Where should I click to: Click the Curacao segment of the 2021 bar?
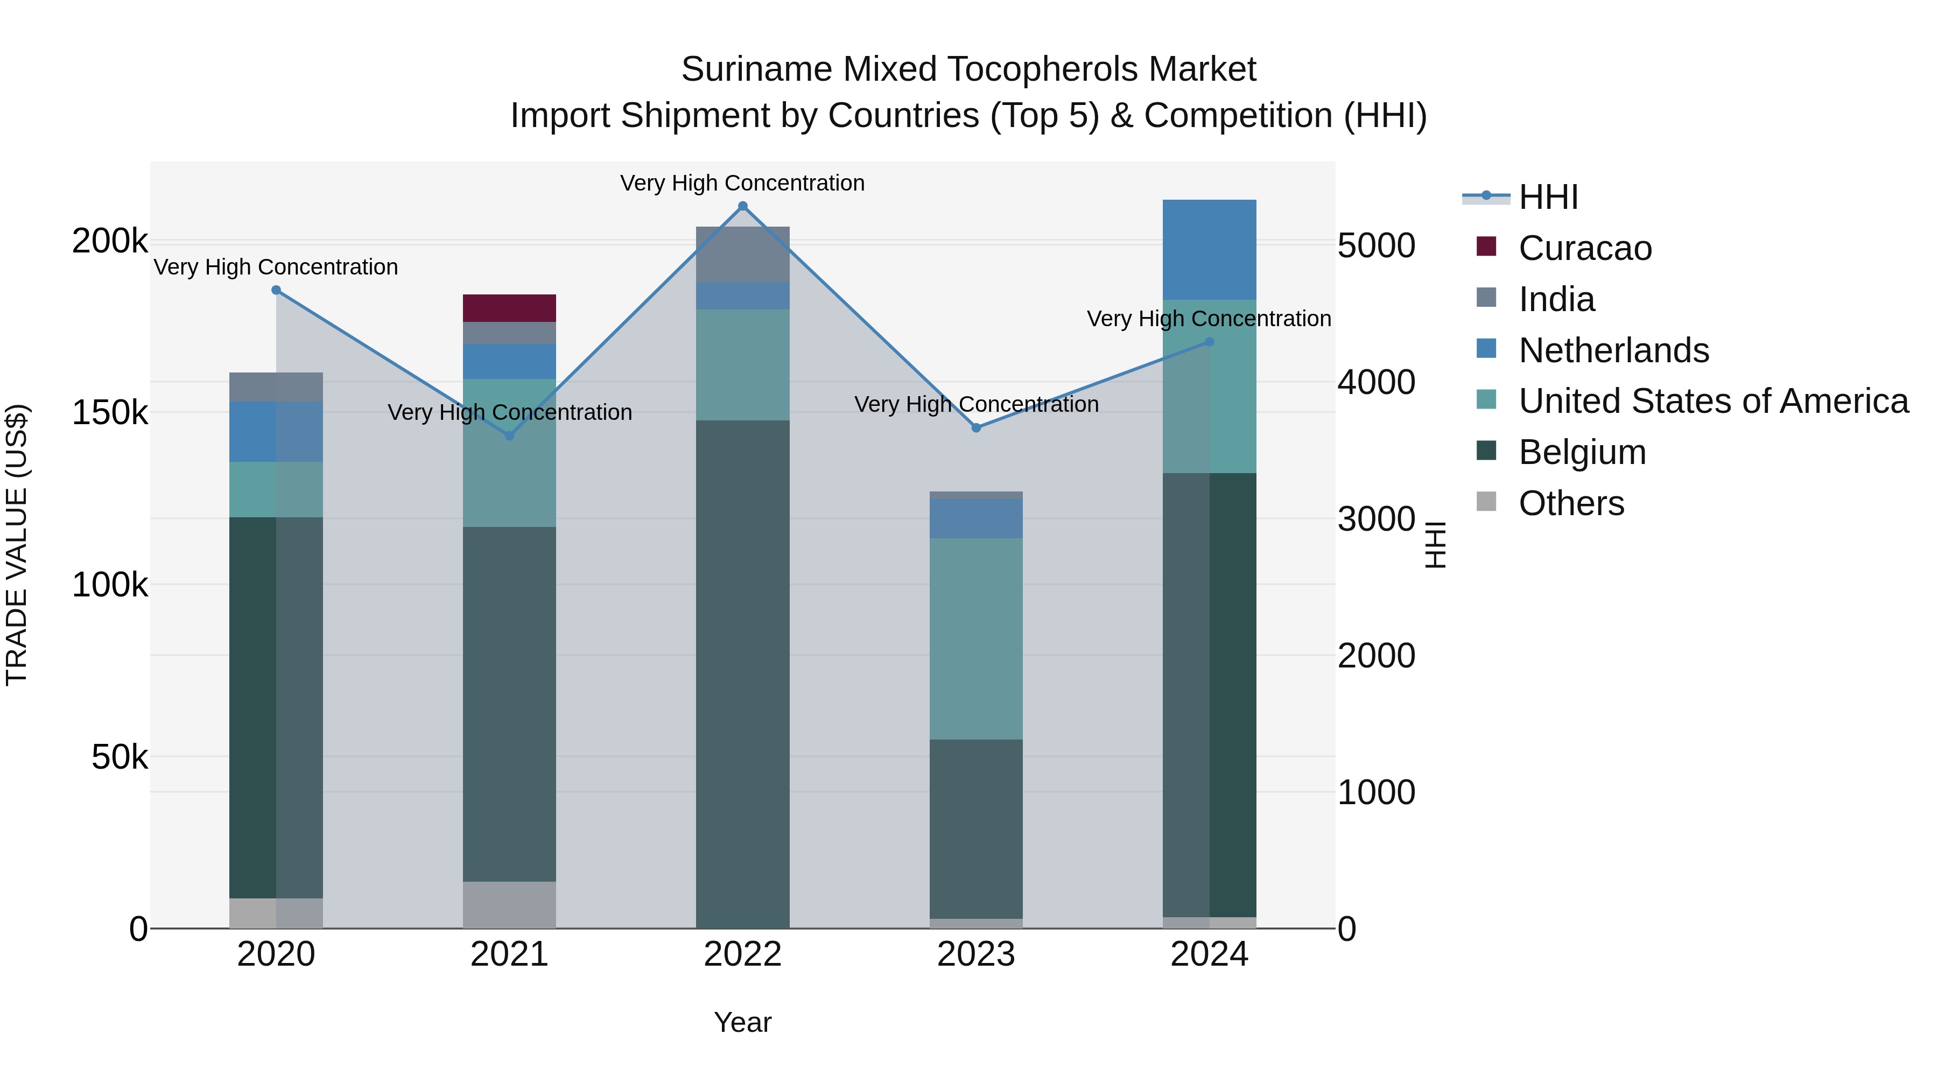click(x=509, y=308)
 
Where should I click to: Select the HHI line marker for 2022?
click(x=742, y=206)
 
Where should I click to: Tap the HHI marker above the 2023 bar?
click(x=976, y=427)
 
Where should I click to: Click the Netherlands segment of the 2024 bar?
click(x=1209, y=250)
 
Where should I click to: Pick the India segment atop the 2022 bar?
click(x=742, y=254)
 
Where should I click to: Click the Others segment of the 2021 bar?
click(x=509, y=904)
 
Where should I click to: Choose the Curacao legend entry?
click(x=1584, y=248)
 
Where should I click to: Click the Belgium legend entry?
click(x=1582, y=452)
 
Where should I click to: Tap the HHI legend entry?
click(x=1548, y=197)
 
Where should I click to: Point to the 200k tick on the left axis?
click(x=110, y=242)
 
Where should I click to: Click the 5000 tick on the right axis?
click(x=1376, y=245)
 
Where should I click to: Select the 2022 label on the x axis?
click(x=742, y=954)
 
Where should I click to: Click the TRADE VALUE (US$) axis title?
click(x=17, y=545)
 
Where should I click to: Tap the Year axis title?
click(x=742, y=1022)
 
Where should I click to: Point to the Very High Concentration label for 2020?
click(x=275, y=267)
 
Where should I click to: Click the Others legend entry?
click(x=1571, y=503)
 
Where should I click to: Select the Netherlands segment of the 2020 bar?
click(x=275, y=432)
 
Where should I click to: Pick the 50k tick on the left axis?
click(x=120, y=757)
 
